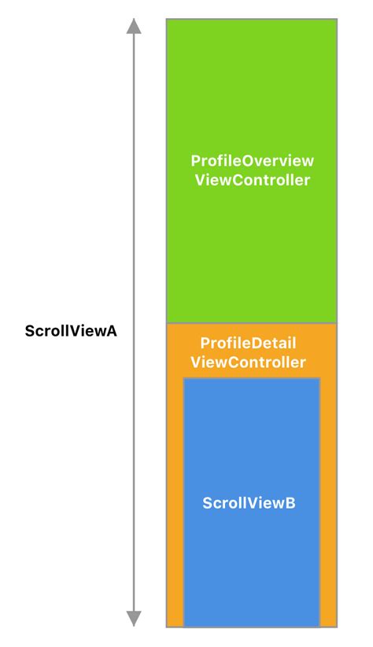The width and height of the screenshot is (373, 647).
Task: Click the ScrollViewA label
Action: click(71, 331)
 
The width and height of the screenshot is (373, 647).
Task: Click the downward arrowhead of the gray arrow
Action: click(135, 619)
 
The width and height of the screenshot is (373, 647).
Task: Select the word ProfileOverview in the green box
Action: click(252, 161)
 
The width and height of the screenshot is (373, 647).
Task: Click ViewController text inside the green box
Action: click(252, 181)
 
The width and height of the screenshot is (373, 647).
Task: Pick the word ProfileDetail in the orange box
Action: click(252, 344)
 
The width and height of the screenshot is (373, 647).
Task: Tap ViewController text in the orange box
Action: click(252, 362)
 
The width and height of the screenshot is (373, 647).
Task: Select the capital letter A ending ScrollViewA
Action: click(112, 331)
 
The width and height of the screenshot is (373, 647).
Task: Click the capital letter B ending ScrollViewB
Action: click(290, 503)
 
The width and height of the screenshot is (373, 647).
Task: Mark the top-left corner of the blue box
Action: click(183, 378)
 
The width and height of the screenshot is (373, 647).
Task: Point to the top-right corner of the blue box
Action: click(319, 378)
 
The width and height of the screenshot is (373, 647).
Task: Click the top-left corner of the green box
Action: click(167, 19)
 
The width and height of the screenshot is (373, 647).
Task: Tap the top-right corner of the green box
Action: click(337, 19)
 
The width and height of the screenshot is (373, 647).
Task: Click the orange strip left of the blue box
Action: click(175, 503)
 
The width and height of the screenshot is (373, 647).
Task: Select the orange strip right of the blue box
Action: click(328, 503)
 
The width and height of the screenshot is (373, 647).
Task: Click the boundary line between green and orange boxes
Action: click(252, 323)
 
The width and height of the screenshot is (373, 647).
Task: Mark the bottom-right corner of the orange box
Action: click(337, 626)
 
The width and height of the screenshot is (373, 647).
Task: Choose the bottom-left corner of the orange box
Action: click(167, 626)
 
